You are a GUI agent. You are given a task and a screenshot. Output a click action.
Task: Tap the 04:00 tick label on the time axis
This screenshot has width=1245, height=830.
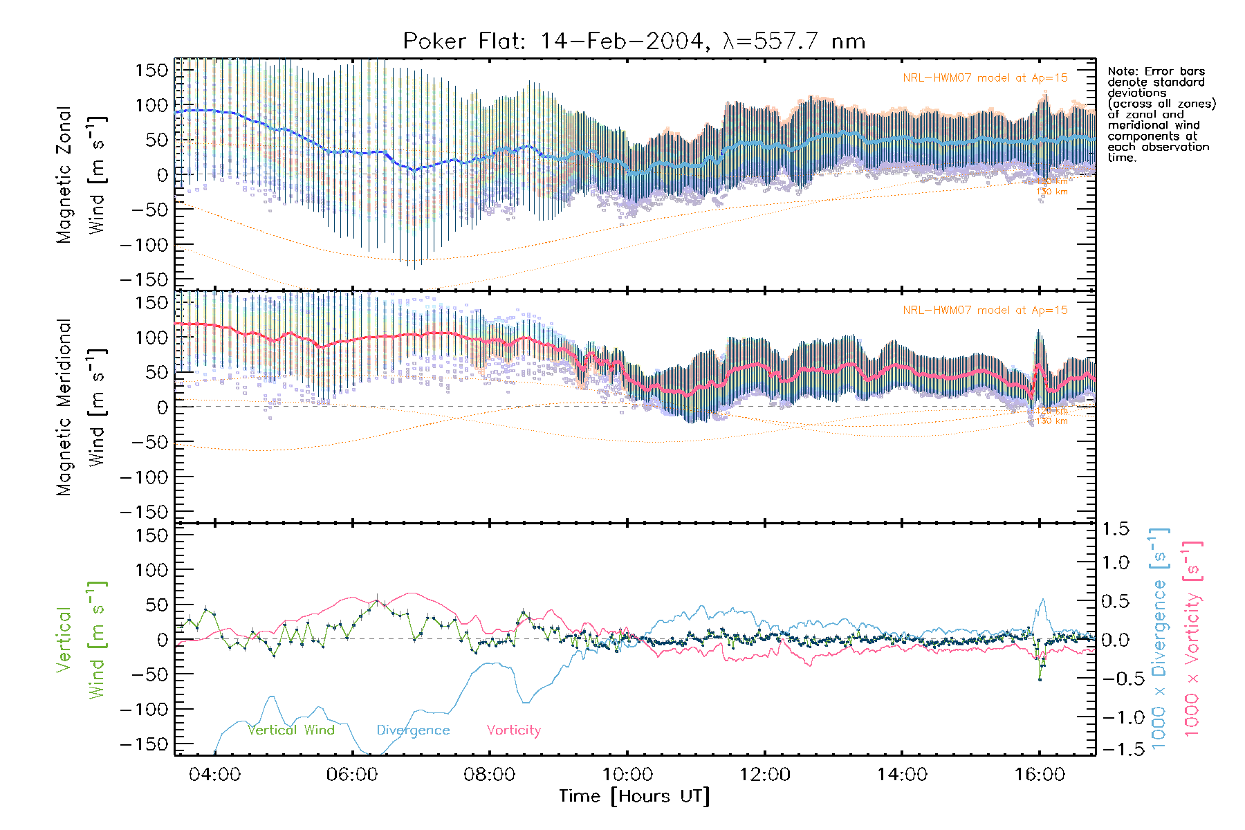(x=215, y=775)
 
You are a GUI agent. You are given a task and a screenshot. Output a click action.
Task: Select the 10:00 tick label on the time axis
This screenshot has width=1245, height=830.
(x=627, y=775)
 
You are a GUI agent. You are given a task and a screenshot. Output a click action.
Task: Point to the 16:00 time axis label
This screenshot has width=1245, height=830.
(x=1040, y=775)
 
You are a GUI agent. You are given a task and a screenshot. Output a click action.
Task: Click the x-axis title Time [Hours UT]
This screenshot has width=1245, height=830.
(x=634, y=796)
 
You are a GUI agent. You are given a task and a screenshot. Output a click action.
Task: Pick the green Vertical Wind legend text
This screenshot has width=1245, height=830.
(x=291, y=730)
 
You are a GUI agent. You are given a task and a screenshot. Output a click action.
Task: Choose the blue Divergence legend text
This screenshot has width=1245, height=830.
(x=413, y=730)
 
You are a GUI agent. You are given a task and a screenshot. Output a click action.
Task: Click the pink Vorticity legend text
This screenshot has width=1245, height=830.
(x=513, y=730)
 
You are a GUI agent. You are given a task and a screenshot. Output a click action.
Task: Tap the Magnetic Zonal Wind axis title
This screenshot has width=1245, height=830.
(x=82, y=174)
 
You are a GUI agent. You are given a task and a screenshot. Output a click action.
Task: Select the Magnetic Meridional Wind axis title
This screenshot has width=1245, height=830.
(x=82, y=407)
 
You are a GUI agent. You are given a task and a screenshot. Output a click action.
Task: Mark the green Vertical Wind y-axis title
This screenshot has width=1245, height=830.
(x=82, y=639)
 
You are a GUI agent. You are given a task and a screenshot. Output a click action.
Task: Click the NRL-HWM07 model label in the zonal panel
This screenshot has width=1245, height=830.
(x=985, y=78)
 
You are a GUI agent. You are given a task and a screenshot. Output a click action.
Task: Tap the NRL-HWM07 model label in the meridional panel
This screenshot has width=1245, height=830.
(x=985, y=311)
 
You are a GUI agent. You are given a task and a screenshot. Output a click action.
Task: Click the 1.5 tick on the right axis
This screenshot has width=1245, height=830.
(x=1115, y=529)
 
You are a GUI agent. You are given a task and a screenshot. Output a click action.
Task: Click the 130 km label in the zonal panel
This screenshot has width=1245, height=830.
(x=1052, y=192)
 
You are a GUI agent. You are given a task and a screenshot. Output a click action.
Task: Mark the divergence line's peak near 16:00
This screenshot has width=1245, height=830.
(x=1043, y=600)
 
